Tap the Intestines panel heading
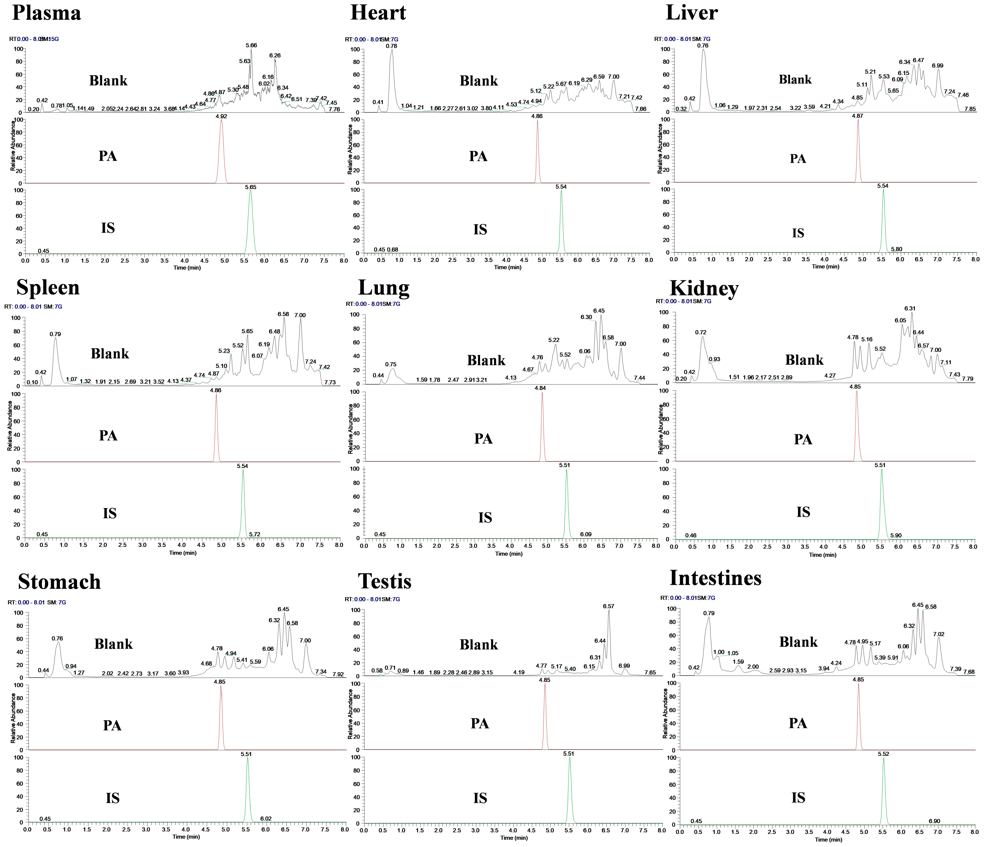click(x=715, y=578)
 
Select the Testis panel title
click(x=385, y=581)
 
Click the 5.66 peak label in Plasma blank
click(x=251, y=45)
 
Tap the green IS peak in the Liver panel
click(x=883, y=219)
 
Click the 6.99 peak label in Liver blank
click(x=937, y=66)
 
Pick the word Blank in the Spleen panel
click(x=110, y=354)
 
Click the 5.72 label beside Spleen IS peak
click(x=254, y=534)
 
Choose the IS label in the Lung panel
click(x=485, y=518)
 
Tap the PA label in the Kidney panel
click(x=803, y=439)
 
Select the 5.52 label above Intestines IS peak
click(x=883, y=754)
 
